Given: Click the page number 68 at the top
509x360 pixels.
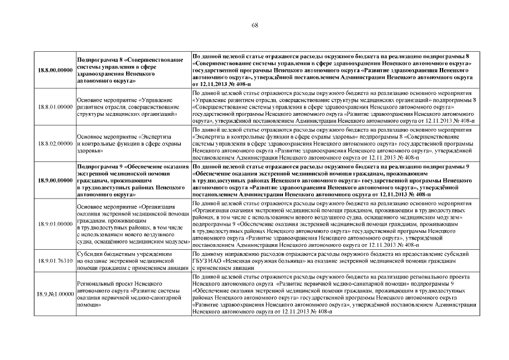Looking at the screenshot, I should point(254,25).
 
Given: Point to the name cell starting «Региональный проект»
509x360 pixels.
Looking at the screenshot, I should point(129,294).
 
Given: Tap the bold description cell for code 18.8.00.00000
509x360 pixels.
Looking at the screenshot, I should point(332,70).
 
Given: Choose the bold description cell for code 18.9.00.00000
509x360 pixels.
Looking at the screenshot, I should point(332,180).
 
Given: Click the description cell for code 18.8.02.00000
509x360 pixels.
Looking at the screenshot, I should point(332,143).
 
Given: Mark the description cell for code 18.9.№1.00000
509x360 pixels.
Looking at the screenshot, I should point(332,294).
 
